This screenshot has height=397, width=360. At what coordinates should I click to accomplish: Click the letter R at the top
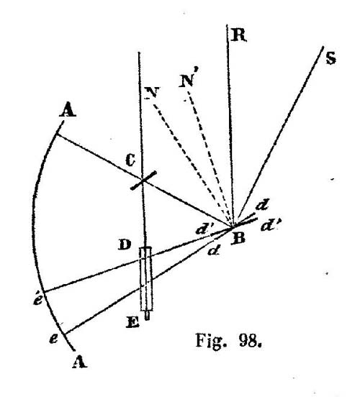(x=238, y=35)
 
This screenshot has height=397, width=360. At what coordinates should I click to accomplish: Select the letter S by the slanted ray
(x=330, y=58)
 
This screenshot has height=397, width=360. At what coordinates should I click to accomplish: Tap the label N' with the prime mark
(x=186, y=80)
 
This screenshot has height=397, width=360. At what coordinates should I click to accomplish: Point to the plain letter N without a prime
(x=152, y=93)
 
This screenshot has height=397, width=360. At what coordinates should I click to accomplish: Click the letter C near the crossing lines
(x=130, y=160)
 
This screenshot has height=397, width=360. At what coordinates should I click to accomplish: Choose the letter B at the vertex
(x=238, y=238)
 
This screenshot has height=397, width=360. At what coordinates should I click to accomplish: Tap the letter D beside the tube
(x=125, y=245)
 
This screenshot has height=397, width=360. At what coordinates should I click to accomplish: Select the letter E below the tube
(x=132, y=322)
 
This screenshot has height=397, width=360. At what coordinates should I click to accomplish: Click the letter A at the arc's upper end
(x=68, y=110)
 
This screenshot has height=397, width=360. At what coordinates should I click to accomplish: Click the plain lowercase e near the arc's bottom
(x=53, y=339)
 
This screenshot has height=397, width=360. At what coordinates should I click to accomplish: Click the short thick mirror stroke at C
(x=143, y=180)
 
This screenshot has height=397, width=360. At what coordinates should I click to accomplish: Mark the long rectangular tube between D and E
(x=147, y=279)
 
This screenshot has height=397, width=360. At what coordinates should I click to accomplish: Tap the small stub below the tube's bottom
(x=147, y=316)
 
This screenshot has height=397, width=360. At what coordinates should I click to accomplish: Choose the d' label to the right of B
(x=270, y=225)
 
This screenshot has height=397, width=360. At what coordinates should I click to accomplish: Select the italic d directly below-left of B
(x=213, y=251)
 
